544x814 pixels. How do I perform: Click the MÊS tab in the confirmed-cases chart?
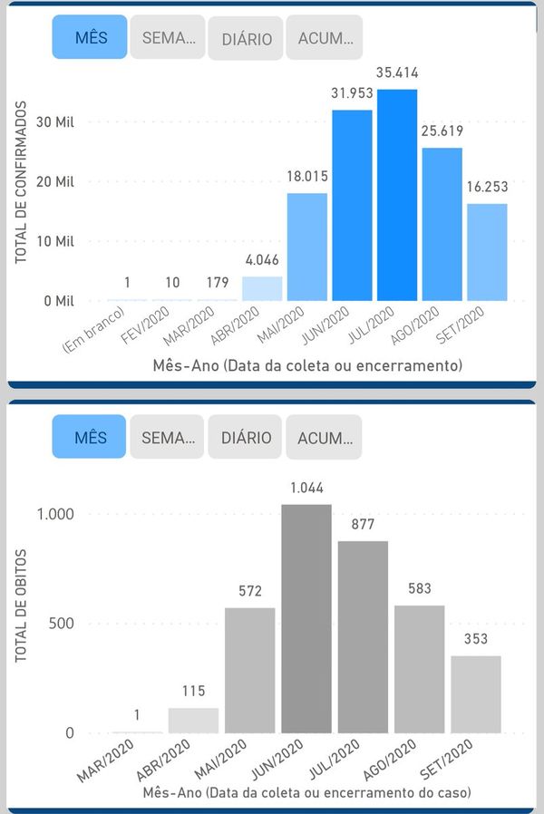(90, 38)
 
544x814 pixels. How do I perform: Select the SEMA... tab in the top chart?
(168, 38)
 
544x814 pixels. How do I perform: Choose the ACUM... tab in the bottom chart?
(324, 438)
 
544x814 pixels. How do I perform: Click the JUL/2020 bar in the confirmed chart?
(397, 195)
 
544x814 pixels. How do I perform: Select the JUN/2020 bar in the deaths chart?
(306, 618)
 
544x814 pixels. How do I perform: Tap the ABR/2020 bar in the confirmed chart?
(262, 288)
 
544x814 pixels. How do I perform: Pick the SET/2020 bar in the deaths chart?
(475, 693)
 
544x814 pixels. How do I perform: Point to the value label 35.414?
(397, 73)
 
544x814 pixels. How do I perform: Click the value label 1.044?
(306, 488)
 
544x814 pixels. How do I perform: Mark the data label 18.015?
(307, 177)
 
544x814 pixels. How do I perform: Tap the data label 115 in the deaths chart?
(193, 691)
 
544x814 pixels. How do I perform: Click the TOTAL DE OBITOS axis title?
(21, 605)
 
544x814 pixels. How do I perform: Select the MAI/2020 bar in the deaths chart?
(249, 670)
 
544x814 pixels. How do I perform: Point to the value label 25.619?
(442, 131)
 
